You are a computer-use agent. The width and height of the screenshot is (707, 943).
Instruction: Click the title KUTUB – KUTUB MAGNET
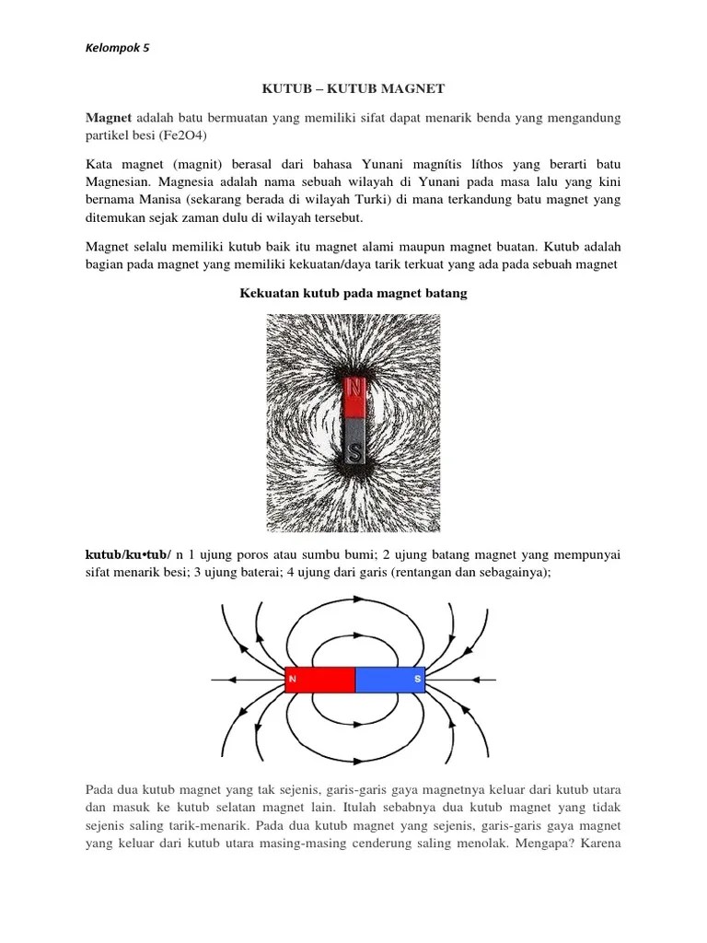(x=353, y=88)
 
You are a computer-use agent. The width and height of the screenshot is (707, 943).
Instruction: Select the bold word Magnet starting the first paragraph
(x=110, y=118)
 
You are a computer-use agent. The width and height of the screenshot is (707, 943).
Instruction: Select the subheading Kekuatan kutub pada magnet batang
(x=353, y=294)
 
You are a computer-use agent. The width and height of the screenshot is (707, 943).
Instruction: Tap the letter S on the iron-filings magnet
(x=354, y=452)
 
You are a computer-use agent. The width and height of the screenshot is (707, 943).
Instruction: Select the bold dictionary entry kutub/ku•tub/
(x=128, y=553)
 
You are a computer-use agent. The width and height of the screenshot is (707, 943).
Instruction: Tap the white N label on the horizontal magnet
(x=292, y=680)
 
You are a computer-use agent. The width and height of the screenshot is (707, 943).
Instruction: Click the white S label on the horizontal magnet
(x=417, y=680)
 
